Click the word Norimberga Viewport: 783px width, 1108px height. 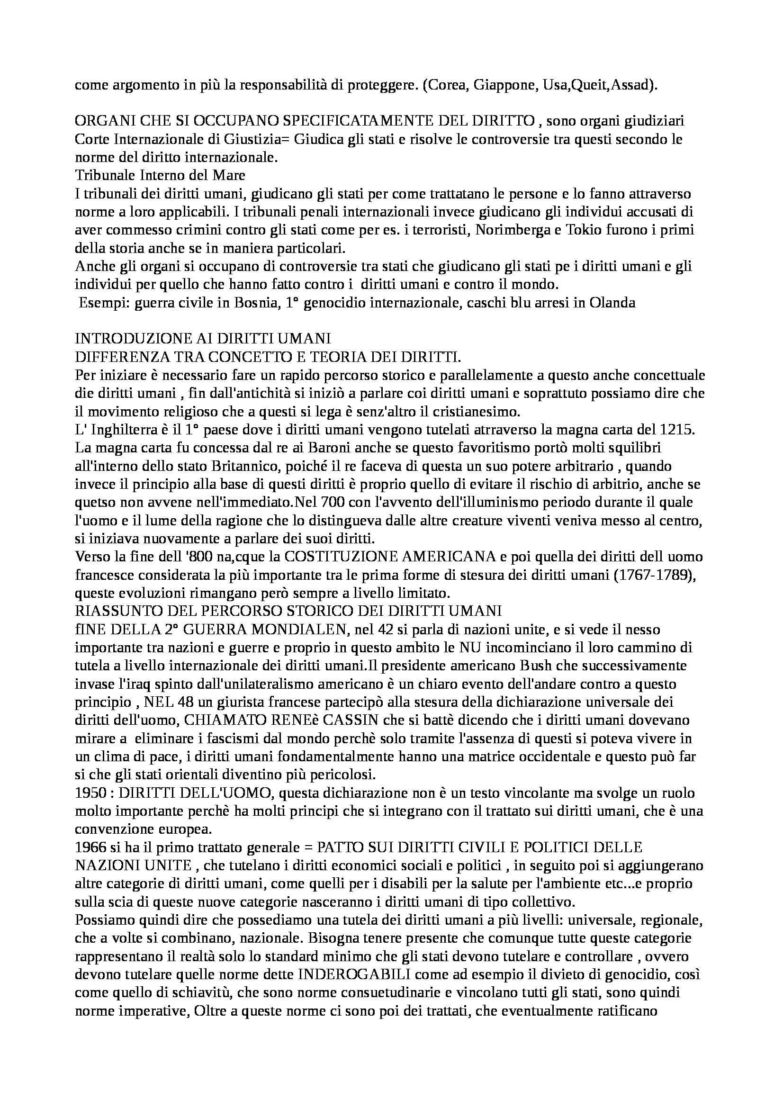[510, 230]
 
